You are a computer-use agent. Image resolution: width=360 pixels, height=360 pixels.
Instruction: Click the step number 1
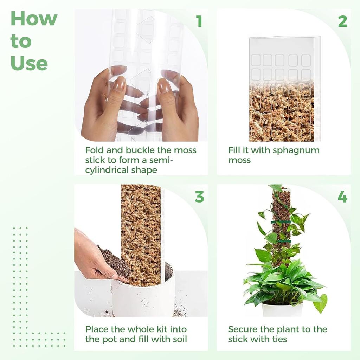[x=199, y=21]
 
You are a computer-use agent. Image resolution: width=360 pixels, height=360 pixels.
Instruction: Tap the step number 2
[x=343, y=21]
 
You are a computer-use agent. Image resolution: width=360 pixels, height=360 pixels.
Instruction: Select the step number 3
[x=199, y=197]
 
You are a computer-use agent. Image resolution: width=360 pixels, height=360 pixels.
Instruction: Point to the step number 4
[x=342, y=197]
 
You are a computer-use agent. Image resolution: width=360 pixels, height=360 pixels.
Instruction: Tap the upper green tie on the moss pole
[x=281, y=222]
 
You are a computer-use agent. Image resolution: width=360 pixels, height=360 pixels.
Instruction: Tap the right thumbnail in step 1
[x=163, y=85]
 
